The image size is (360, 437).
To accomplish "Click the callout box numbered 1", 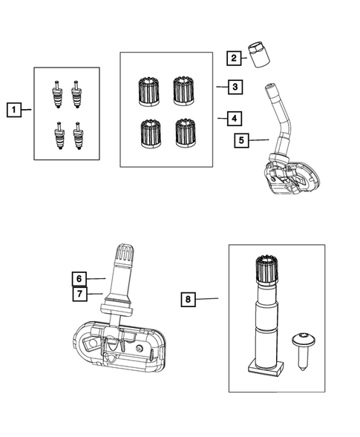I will tap(13, 110).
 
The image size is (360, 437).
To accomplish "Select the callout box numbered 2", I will tap(233, 58).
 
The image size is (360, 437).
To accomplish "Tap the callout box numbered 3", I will tap(233, 87).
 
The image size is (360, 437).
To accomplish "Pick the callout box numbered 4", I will tap(233, 117).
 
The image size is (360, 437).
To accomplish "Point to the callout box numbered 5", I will tap(241, 139).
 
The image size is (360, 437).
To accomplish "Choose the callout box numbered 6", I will tap(79, 279).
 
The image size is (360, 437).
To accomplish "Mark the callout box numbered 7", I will tap(79, 295).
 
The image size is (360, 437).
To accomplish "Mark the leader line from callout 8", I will tap(209, 299).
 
